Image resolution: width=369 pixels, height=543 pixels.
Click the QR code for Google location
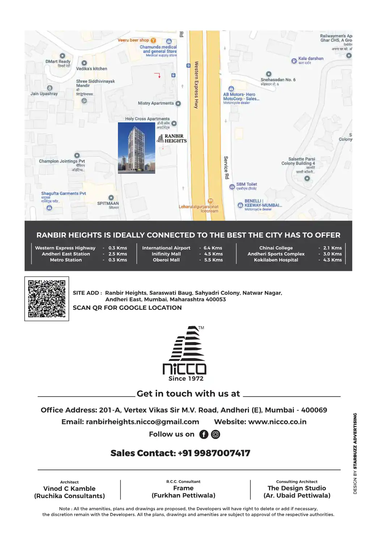(x=47, y=299)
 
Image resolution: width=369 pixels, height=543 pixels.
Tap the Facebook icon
(x=204, y=434)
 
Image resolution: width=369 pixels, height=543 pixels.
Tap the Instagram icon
(x=216, y=434)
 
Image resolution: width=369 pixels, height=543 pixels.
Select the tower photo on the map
(x=136, y=148)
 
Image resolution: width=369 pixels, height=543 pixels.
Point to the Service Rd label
(x=226, y=168)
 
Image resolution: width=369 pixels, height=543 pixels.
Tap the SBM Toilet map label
(x=247, y=185)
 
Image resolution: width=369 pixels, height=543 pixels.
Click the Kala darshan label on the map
(x=311, y=59)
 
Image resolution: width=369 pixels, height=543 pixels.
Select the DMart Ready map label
(x=58, y=62)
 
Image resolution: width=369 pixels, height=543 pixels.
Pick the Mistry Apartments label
(x=156, y=104)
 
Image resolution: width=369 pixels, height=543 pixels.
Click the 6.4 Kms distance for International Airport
(x=213, y=248)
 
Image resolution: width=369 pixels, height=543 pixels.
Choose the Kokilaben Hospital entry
(x=276, y=260)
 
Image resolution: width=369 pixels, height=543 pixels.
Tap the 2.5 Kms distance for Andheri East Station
(x=118, y=254)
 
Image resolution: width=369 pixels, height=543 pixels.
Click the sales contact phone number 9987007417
(x=222, y=453)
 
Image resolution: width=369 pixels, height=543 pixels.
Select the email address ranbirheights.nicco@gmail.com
(x=143, y=422)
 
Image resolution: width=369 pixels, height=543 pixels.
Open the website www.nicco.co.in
(x=277, y=422)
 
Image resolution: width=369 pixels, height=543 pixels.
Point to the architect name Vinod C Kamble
(x=69, y=489)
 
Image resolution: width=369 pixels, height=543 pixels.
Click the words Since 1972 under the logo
(x=186, y=379)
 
